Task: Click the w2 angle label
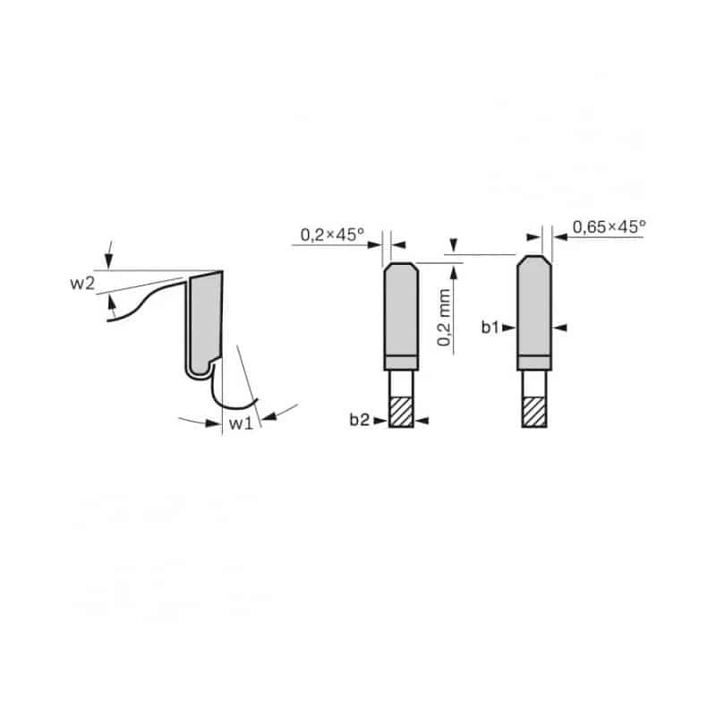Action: pos(82,284)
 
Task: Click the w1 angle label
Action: pos(241,423)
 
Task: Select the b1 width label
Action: pos(490,328)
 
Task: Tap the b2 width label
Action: pos(360,420)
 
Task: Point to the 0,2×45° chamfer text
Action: pos(332,234)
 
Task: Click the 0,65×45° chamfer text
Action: pos(609,227)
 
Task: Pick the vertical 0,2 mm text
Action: pos(444,318)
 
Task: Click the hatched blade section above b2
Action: pos(401,412)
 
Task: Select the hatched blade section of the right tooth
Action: pos(534,412)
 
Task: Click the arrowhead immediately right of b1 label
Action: pos(508,328)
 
